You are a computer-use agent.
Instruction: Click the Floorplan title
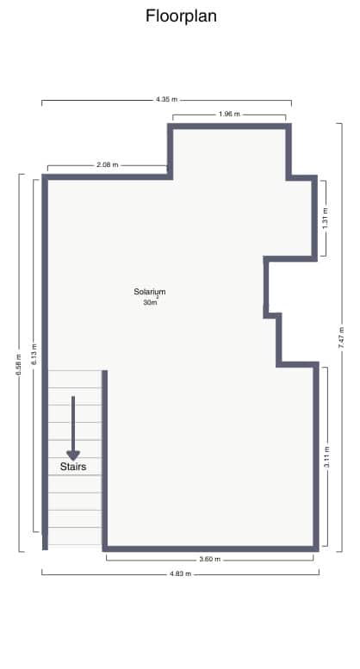(x=181, y=15)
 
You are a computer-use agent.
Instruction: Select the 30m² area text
(x=150, y=302)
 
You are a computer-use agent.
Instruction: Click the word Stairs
(x=73, y=466)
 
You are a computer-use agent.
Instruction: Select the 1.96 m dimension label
(x=229, y=114)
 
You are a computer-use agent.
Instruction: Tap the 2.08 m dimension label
(x=108, y=164)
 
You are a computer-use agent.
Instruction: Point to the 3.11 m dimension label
(x=326, y=456)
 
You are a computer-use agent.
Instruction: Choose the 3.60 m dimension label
(x=210, y=560)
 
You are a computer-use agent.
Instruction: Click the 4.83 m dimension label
(x=179, y=573)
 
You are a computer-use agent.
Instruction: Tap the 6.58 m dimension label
(x=19, y=362)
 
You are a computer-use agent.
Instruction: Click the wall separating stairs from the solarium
(x=104, y=456)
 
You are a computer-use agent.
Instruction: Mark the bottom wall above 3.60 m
(x=210, y=547)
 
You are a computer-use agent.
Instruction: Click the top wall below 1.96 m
(x=229, y=127)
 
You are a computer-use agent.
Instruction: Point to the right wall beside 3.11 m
(x=314, y=456)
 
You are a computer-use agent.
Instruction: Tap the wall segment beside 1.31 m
(x=314, y=217)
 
